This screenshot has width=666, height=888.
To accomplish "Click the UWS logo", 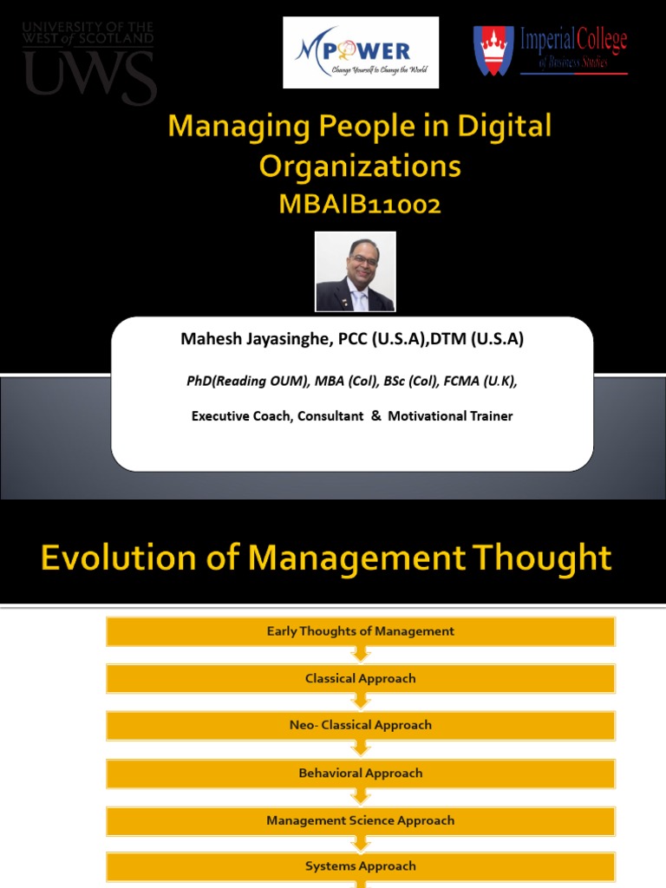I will click(x=88, y=63).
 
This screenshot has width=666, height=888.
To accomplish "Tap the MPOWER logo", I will click(x=361, y=52).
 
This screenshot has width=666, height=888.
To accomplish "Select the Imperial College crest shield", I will click(x=493, y=51).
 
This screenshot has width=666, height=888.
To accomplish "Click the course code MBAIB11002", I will click(x=360, y=205).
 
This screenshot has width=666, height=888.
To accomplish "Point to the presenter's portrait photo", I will click(x=355, y=271).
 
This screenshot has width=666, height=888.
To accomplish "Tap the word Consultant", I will click(x=330, y=416).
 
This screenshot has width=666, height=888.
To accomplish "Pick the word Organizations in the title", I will click(x=360, y=166).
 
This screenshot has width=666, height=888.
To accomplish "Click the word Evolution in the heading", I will click(x=117, y=558).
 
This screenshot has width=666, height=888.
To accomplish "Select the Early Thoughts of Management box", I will click(x=360, y=631).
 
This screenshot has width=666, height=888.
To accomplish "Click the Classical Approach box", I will click(x=360, y=678).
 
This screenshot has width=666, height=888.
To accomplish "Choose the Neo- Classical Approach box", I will click(x=360, y=725).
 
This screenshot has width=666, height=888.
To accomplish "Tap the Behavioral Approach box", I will click(x=360, y=773).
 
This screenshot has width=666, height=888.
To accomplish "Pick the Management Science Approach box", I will click(x=360, y=820).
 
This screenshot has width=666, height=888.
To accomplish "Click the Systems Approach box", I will click(x=360, y=866).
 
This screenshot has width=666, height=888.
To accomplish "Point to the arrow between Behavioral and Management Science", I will click(x=360, y=797).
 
